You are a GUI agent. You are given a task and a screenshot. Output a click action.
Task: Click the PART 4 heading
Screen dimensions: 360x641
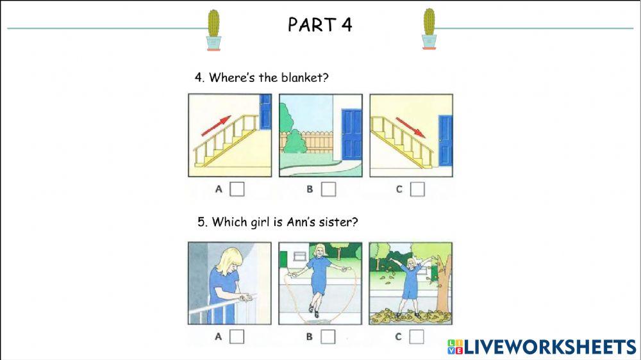pyautogui.click(x=320, y=25)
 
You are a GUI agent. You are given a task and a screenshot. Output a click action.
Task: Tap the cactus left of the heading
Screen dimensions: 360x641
pyautogui.click(x=213, y=29)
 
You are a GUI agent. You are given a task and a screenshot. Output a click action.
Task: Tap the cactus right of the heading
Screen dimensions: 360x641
pyautogui.click(x=429, y=29)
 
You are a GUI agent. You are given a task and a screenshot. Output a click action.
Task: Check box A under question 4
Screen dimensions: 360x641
pyautogui.click(x=237, y=189)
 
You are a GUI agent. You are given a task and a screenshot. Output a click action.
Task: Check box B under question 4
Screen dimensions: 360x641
pyautogui.click(x=328, y=189)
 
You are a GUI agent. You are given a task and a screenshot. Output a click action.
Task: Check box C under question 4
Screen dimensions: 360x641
pyautogui.click(x=417, y=189)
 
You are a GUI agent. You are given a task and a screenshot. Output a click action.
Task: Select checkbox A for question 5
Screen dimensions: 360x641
pyautogui.click(x=237, y=336)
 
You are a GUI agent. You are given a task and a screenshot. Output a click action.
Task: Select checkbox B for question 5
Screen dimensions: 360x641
pyautogui.click(x=328, y=336)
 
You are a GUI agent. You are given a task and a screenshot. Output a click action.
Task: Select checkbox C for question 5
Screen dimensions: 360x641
pyautogui.click(x=417, y=336)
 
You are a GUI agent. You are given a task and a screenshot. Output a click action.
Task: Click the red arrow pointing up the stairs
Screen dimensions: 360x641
pyautogui.click(x=216, y=126)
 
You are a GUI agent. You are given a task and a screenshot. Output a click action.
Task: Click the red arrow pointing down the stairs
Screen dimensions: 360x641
pyautogui.click(x=410, y=126)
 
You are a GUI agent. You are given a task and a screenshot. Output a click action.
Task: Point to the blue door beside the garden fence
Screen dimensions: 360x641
pyautogui.click(x=351, y=134)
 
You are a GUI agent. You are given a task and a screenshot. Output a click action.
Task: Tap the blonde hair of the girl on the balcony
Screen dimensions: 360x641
pyautogui.click(x=228, y=263)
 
